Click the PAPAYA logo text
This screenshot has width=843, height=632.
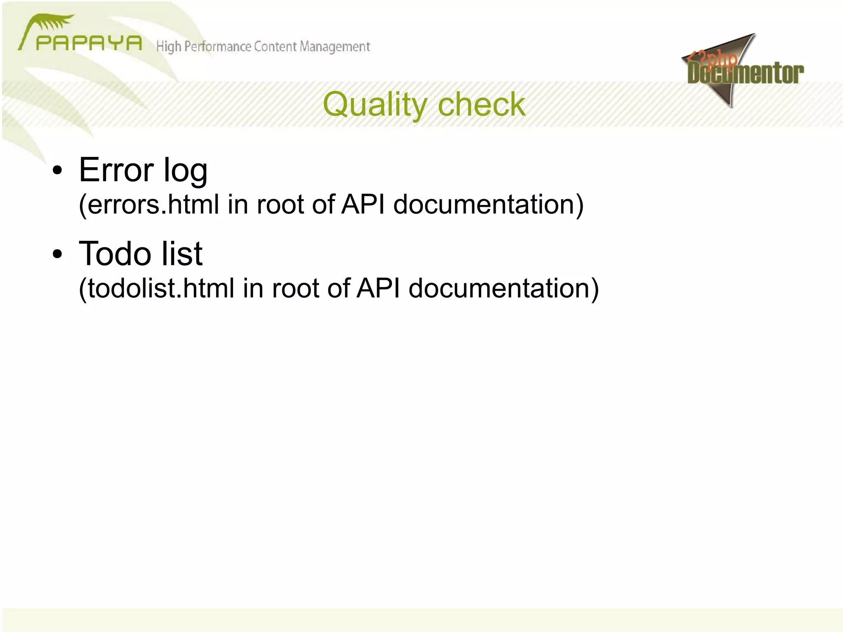click(88, 43)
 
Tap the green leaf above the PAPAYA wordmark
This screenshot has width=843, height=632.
click(51, 23)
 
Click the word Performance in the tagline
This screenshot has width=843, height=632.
click(217, 47)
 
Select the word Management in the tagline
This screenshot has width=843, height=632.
click(335, 47)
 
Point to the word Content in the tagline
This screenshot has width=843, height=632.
click(275, 47)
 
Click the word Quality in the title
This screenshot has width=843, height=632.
click(375, 105)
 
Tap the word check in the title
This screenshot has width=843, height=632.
click(482, 105)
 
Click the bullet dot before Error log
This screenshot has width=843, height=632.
click(57, 170)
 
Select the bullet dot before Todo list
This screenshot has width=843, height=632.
click(57, 254)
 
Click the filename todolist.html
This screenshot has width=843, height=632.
click(156, 288)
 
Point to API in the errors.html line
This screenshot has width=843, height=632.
click(363, 204)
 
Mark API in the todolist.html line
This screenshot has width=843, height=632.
click(378, 288)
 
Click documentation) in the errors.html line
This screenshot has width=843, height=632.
click(488, 204)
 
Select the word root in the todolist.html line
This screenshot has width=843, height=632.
click(295, 288)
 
